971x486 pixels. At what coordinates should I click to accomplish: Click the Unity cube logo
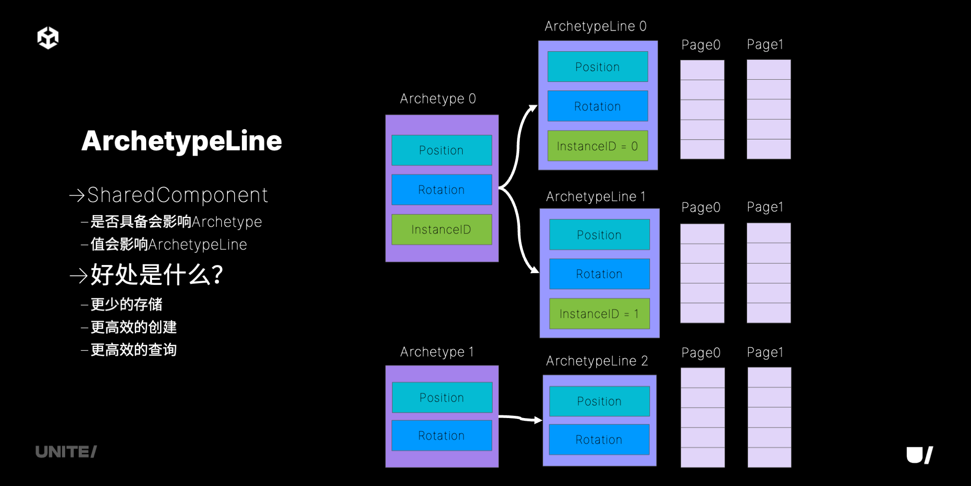48,38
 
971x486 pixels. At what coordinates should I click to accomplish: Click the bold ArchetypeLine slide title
182,141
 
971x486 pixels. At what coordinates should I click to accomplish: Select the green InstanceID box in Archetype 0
441,229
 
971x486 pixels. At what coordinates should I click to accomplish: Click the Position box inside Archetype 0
441,150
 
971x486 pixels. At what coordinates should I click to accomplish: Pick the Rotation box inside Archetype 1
441,436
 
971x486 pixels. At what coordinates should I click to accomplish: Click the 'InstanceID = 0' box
597,146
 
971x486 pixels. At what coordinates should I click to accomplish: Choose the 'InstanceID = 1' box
599,314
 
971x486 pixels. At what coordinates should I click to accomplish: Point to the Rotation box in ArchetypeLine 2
599,440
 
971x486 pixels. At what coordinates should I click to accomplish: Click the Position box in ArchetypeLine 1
599,234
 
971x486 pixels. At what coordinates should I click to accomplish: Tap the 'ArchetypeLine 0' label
596,27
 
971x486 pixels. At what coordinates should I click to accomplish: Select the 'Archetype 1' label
437,352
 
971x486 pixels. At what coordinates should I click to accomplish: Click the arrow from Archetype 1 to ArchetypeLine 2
521,418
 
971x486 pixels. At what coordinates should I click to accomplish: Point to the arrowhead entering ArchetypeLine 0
533,108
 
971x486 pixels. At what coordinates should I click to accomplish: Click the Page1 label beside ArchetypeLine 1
765,207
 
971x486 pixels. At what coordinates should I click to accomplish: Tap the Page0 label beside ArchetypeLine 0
701,45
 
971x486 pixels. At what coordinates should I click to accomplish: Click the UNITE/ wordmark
66,452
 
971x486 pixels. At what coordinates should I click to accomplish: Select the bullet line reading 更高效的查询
129,350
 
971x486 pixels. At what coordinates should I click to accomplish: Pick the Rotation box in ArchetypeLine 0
597,106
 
